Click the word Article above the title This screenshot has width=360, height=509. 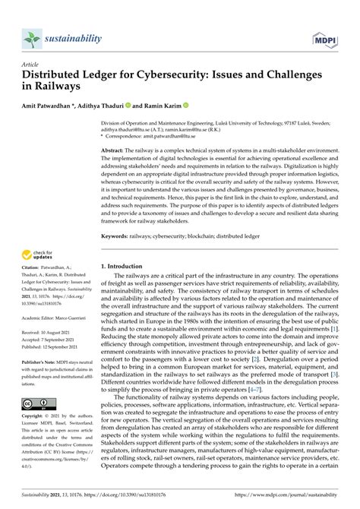coord(31,64)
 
